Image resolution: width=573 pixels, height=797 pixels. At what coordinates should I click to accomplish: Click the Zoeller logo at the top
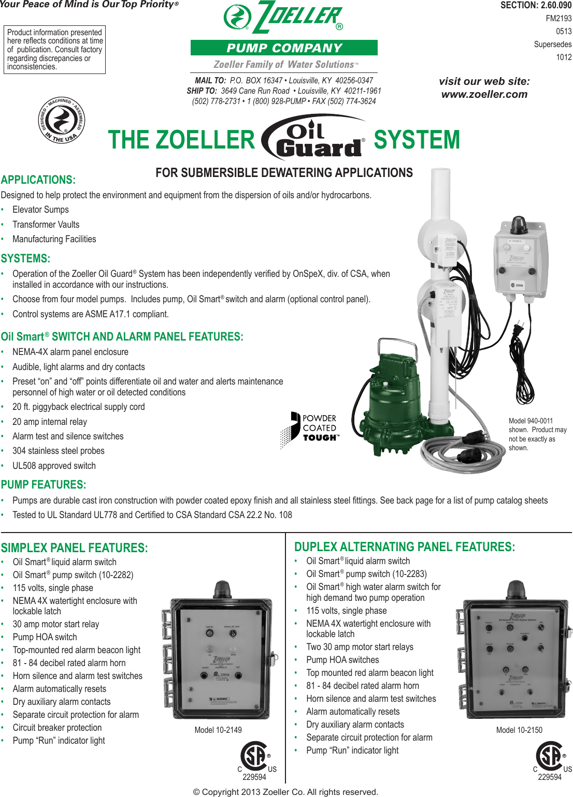(x=284, y=18)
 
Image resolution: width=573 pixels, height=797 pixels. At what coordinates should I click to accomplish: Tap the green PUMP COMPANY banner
(x=284, y=48)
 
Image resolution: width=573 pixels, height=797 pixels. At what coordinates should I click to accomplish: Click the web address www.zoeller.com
(x=484, y=94)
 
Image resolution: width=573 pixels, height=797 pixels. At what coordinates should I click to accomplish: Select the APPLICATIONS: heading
(x=38, y=180)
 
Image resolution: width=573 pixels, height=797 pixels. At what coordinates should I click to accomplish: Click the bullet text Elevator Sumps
(x=40, y=210)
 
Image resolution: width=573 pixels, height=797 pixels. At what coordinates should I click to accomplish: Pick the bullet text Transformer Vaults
(x=46, y=225)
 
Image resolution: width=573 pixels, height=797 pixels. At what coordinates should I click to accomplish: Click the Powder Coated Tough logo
(x=311, y=429)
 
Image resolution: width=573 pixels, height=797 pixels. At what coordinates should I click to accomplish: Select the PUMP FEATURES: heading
(x=44, y=485)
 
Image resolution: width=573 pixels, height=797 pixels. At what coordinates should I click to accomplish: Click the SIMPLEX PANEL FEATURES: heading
(x=74, y=548)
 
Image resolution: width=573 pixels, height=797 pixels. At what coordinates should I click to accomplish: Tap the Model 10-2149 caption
(x=218, y=730)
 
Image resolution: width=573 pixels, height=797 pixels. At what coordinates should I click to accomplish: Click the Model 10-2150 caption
(x=519, y=730)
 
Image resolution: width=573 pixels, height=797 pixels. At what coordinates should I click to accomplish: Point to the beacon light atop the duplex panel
(x=516, y=589)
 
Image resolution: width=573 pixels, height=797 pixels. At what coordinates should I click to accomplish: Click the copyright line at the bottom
(x=285, y=792)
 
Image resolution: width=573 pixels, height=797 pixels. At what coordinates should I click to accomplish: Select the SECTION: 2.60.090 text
(x=536, y=5)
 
